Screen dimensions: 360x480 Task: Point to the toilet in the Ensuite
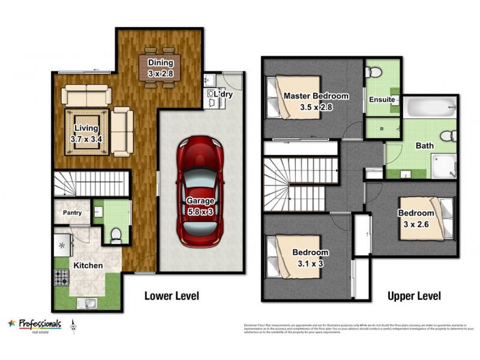point(374,73)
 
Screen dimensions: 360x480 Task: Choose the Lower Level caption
point(171,296)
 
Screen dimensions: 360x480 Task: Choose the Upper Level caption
point(414,296)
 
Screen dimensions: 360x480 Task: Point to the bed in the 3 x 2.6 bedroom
point(424,218)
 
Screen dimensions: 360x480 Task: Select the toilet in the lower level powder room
point(116,235)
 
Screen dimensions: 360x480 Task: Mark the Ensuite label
point(382,99)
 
